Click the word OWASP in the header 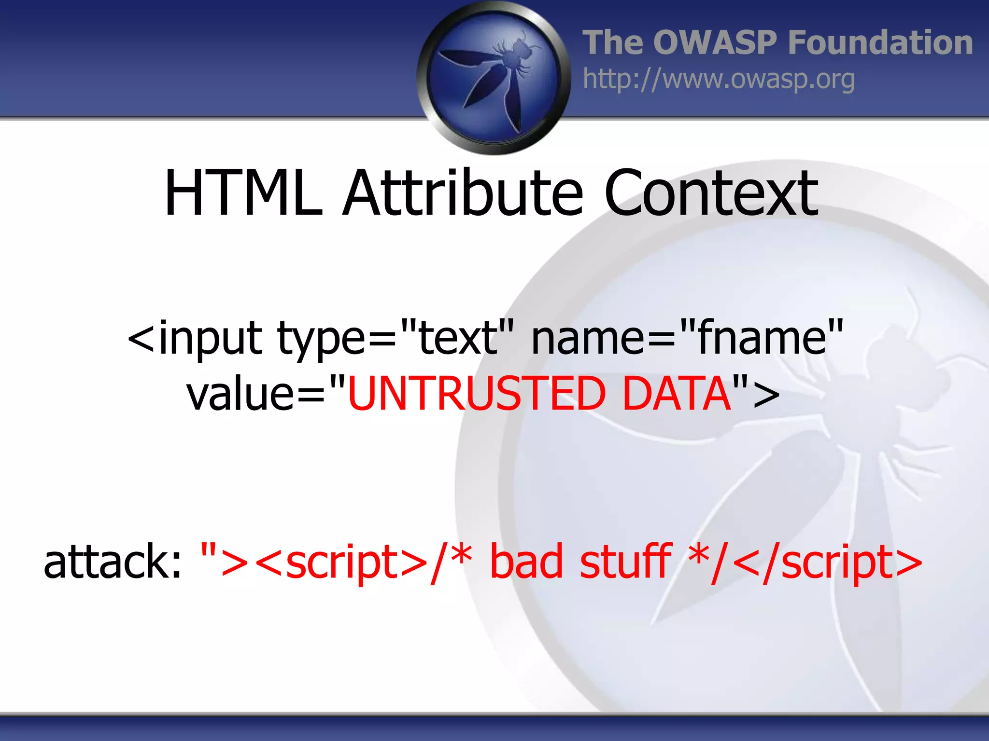tap(715, 42)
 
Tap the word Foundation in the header tap(880, 42)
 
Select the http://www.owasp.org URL tap(719, 79)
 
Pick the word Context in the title tap(711, 193)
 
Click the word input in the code tap(211, 339)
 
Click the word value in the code tap(240, 394)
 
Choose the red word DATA tap(677, 394)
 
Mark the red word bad tap(526, 562)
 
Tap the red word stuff tap(626, 562)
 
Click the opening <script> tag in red tap(341, 563)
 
